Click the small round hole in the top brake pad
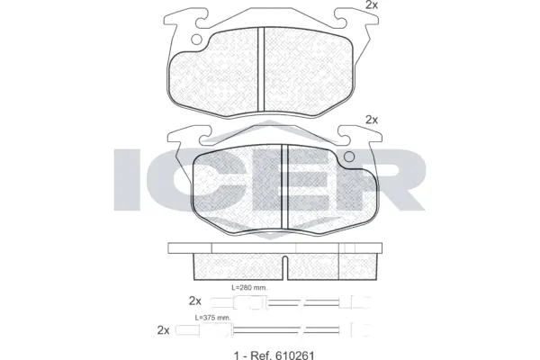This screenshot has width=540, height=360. [196, 39]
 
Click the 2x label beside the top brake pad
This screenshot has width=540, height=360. [371, 5]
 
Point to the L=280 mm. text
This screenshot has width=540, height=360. [249, 288]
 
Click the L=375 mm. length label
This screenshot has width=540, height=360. [213, 317]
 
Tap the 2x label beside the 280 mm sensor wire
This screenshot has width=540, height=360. [195, 300]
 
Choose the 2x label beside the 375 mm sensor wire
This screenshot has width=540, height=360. [163, 329]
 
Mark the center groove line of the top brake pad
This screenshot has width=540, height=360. [259, 67]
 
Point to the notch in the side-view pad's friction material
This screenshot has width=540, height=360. [284, 265]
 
